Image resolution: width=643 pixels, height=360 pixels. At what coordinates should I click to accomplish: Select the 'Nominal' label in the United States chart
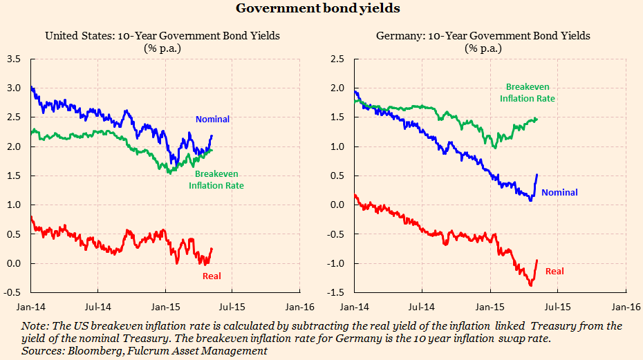[212, 120]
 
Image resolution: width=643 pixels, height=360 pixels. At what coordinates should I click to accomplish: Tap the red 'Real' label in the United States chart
[212, 276]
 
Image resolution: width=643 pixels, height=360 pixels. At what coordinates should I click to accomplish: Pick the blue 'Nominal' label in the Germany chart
[559, 193]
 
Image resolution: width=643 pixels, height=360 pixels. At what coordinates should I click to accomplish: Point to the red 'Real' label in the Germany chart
[555, 272]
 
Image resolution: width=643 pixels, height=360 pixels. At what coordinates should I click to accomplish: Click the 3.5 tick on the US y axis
[14, 59]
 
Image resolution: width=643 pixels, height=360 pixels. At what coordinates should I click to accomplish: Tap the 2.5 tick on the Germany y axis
[337, 59]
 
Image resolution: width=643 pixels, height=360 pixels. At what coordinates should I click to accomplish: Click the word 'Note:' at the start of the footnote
[35, 325]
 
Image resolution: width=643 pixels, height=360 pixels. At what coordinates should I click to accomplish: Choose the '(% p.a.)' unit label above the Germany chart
[483, 48]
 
